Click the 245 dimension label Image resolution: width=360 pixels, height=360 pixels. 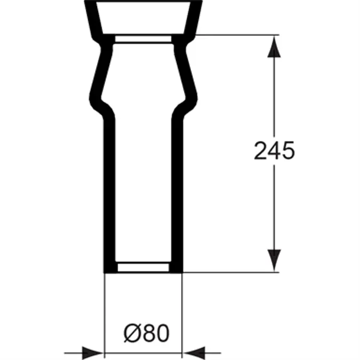[x=274, y=150]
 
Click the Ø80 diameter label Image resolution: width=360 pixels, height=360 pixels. [x=147, y=333]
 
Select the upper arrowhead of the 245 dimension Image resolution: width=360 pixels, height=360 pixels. [x=274, y=46]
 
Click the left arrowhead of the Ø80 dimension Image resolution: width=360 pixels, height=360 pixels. [x=92, y=353]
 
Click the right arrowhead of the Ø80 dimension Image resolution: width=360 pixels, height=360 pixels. [x=194, y=353]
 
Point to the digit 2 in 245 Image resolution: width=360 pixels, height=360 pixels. [x=261, y=150]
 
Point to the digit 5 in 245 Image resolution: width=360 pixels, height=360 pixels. [x=288, y=151]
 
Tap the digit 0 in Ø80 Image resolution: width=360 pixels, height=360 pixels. [x=162, y=333]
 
